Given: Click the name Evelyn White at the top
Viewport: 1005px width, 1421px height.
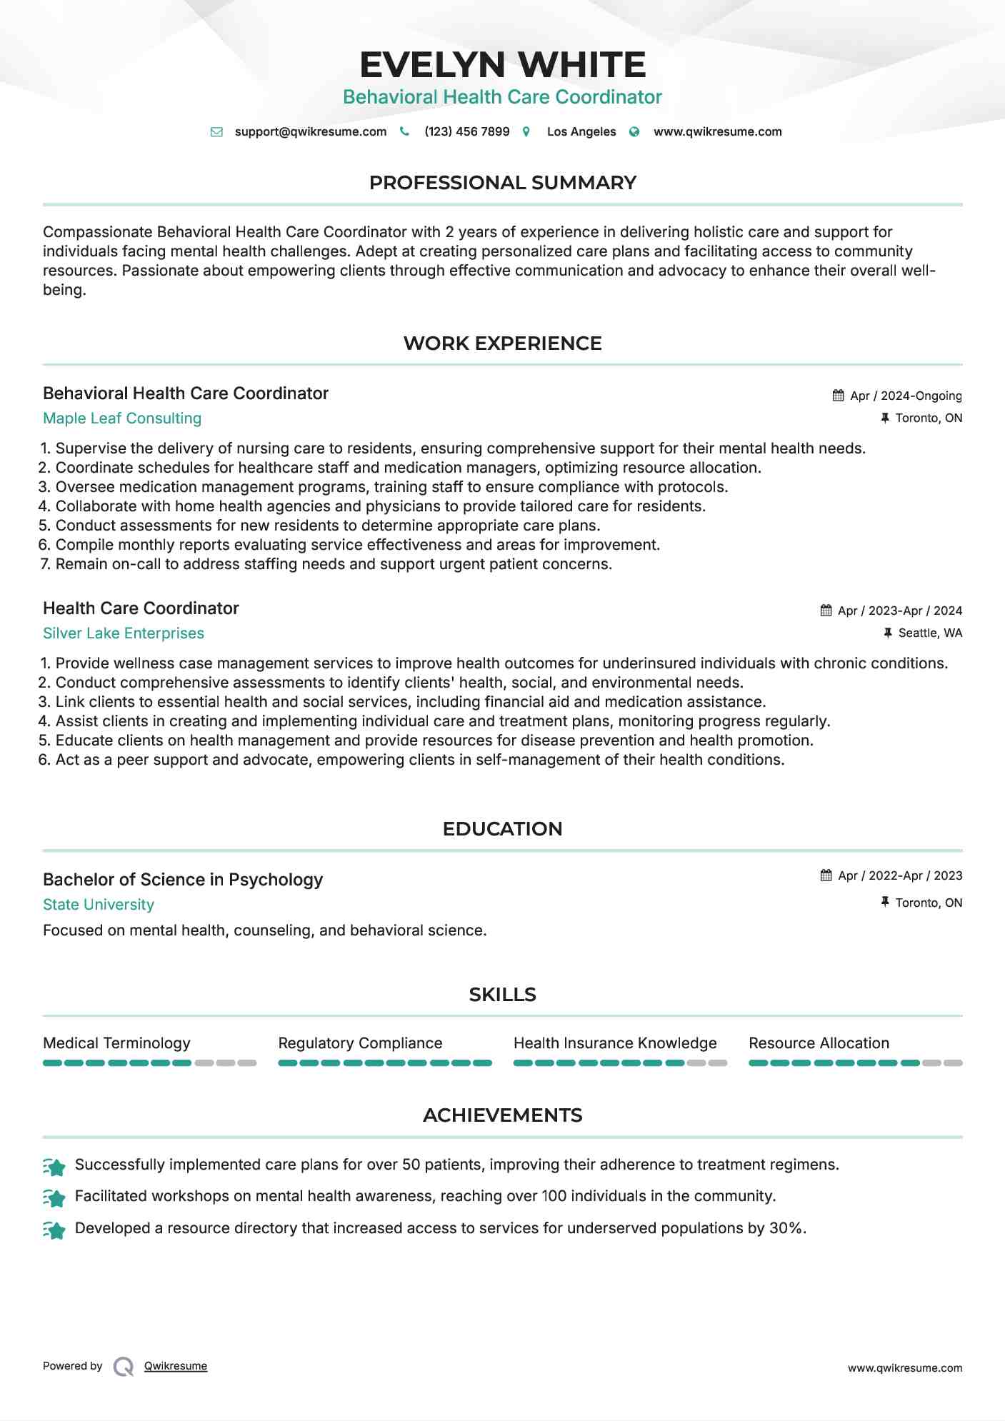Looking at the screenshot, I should pyautogui.click(x=502, y=65).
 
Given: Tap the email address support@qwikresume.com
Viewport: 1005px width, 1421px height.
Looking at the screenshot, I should pyautogui.click(x=310, y=131).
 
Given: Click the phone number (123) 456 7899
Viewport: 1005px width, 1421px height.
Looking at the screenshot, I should pyautogui.click(x=466, y=131).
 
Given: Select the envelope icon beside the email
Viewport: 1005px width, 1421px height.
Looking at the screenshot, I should pyautogui.click(x=216, y=132).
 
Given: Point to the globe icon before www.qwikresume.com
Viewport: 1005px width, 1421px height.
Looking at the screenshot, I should pyautogui.click(x=634, y=132).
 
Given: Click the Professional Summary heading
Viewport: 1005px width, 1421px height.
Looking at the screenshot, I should pyautogui.click(x=502, y=183).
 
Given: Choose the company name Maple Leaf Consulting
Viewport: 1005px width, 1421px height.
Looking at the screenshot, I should pyautogui.click(x=122, y=418).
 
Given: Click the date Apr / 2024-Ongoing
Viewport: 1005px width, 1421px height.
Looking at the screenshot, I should pyautogui.click(x=905, y=396).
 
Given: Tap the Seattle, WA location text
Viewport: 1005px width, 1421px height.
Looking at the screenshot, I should pyautogui.click(x=929, y=633).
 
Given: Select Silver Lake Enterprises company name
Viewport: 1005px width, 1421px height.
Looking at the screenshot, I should pyautogui.click(x=124, y=633).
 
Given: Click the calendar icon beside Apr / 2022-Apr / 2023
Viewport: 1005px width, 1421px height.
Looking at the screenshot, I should pyautogui.click(x=826, y=875).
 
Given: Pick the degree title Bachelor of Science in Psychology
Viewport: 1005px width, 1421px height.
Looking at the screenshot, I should pyautogui.click(x=183, y=880).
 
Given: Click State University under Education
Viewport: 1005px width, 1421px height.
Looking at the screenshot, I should pyautogui.click(x=99, y=905).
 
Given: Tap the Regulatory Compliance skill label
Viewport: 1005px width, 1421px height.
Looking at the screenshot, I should pyautogui.click(x=360, y=1043).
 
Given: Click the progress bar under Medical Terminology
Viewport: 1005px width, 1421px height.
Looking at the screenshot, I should pyautogui.click(x=149, y=1063).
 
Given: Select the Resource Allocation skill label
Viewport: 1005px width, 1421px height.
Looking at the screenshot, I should pyautogui.click(x=819, y=1043).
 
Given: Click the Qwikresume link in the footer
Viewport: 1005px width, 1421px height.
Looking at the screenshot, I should pyautogui.click(x=176, y=1366).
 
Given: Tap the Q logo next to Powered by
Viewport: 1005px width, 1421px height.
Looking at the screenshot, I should pyautogui.click(x=124, y=1367).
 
